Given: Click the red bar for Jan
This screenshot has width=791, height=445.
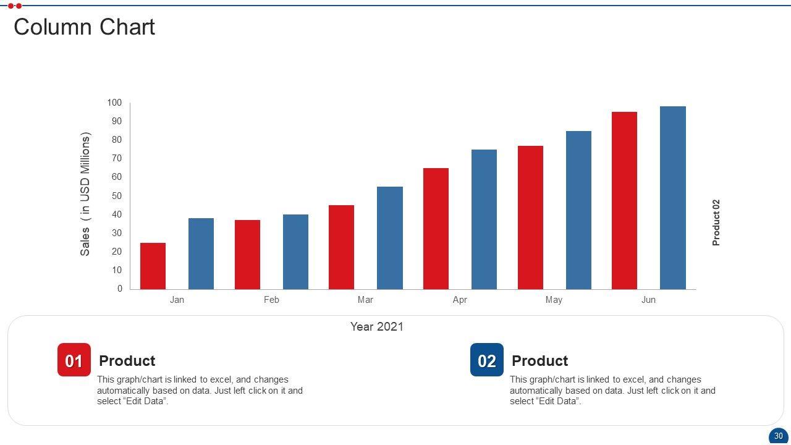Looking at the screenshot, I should point(153,266).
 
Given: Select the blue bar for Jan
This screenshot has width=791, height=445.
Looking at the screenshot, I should point(201,253).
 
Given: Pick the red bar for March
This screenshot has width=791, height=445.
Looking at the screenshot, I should point(341,247).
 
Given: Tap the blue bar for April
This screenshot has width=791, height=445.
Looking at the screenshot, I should point(484,219).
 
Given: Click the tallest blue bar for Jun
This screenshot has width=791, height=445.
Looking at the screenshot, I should point(672,198).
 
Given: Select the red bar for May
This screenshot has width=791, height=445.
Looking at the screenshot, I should point(530,218).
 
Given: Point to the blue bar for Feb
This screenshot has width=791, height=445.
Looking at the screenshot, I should point(295,252).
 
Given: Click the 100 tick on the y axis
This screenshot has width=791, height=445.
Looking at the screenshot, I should point(115,103).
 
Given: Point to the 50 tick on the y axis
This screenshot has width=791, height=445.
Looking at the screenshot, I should point(117,196).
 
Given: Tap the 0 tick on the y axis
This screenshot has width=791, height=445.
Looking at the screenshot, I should point(120,289).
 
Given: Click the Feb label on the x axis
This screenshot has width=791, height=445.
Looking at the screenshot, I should point(271,300).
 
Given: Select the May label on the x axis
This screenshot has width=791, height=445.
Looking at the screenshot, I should point(554,300).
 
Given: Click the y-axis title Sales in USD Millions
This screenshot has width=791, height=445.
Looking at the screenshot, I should point(85,194).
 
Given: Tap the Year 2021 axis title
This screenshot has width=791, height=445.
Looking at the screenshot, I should point(377,327).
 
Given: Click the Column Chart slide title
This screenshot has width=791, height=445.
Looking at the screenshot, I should point(84,27).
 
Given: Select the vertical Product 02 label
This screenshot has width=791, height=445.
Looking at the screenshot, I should point(716,222).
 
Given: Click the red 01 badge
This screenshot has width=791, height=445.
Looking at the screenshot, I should point(74,360).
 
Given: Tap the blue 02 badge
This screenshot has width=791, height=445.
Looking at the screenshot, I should point(487,360).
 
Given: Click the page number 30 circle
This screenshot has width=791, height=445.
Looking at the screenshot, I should point(778,436).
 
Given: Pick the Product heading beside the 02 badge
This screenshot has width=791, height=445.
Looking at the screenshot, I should point(539,361).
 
